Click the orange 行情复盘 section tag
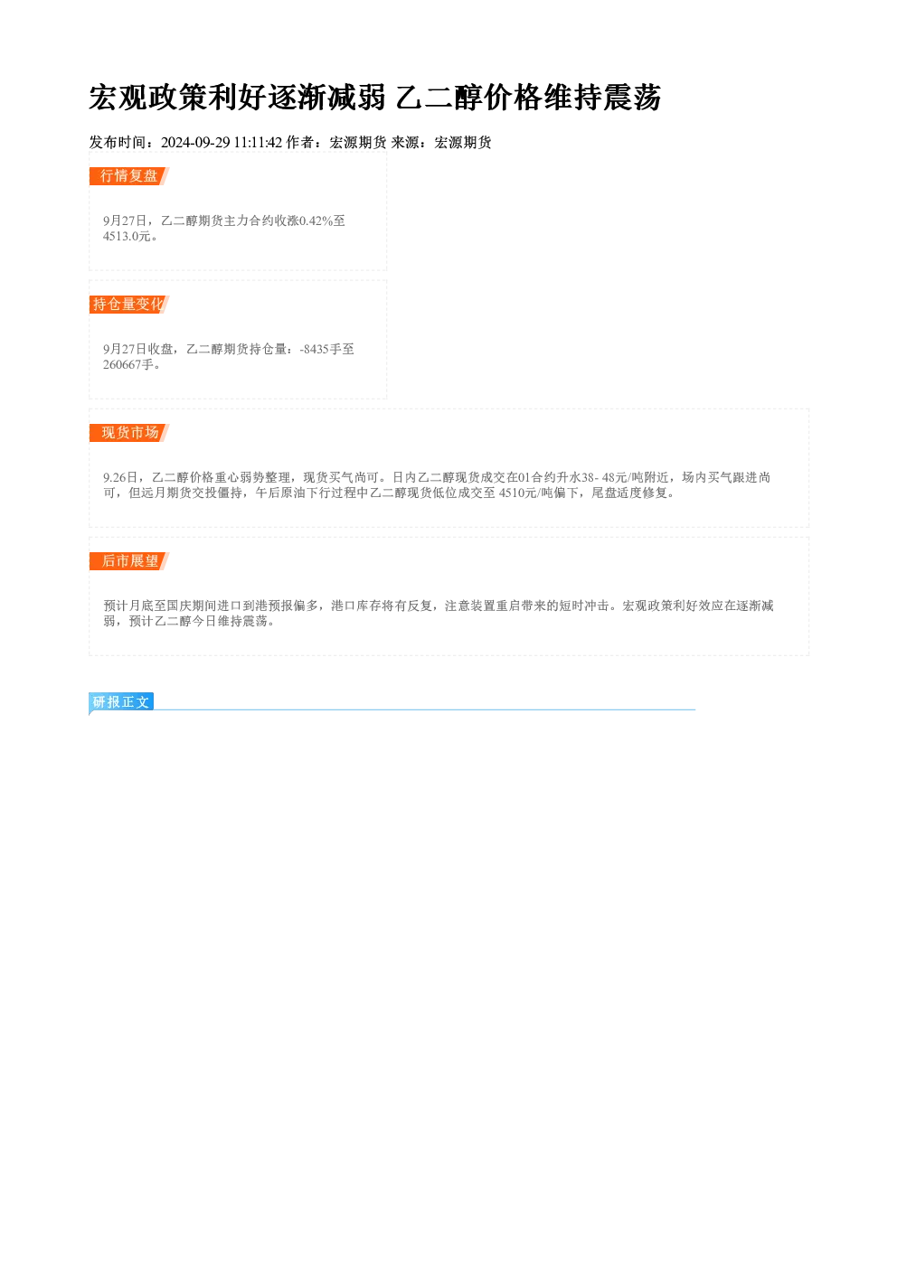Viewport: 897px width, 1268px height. click(x=129, y=176)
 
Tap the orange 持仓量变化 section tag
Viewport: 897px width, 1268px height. click(x=129, y=305)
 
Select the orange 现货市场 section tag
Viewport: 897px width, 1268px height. click(x=129, y=433)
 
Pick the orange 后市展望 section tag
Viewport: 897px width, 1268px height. click(x=129, y=561)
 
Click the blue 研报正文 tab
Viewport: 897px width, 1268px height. click(x=121, y=702)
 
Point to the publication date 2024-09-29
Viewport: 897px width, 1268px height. click(x=195, y=143)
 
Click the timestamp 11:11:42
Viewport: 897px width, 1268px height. click(x=258, y=143)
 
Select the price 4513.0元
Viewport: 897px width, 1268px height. click(x=127, y=237)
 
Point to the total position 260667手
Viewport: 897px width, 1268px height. click(x=128, y=364)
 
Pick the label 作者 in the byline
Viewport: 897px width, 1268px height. click(x=300, y=143)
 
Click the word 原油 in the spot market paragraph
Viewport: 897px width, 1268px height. click(x=293, y=493)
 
